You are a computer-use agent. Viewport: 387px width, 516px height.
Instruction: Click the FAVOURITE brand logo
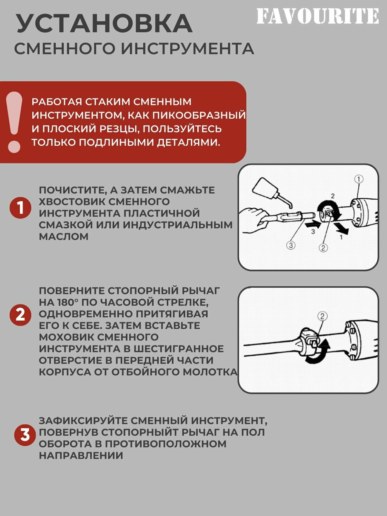317,16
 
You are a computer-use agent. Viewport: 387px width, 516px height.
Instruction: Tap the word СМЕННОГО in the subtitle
65,49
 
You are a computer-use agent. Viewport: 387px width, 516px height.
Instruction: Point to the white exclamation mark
14,122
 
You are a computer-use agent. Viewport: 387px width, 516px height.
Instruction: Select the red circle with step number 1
20,208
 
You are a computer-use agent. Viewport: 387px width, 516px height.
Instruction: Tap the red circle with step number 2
20,315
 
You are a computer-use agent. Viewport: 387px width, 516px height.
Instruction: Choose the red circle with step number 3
25,435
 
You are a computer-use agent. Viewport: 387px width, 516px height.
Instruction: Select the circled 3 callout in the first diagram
291,245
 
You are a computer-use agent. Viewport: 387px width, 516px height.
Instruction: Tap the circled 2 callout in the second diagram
322,316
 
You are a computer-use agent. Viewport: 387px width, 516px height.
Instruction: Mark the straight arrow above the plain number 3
313,225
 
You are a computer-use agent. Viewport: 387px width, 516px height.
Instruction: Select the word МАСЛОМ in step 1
64,236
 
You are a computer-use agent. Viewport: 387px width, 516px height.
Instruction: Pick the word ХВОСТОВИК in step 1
73,202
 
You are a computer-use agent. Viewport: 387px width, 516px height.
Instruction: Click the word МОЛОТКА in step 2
210,372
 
